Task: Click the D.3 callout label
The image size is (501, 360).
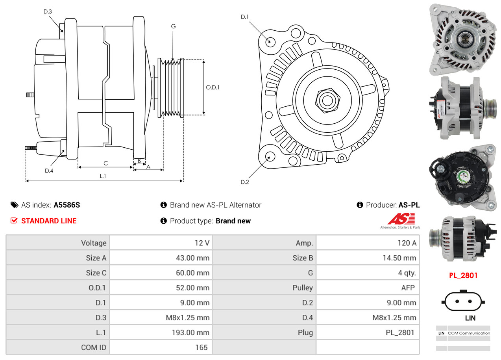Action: (48, 11)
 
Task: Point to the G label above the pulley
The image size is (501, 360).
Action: (173, 26)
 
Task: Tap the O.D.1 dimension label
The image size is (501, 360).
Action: (213, 87)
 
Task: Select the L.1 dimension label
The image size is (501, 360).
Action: (103, 176)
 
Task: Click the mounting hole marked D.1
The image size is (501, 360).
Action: (270, 41)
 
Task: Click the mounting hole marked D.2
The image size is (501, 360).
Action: (270, 156)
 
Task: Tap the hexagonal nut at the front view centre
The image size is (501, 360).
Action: (326, 100)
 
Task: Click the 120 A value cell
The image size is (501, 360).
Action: (368, 243)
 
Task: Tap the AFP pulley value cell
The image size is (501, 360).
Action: (368, 288)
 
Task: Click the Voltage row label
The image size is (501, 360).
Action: (57, 243)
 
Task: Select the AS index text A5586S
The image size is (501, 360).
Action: (67, 205)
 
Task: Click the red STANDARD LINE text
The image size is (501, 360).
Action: (49, 221)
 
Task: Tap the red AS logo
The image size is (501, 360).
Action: (401, 219)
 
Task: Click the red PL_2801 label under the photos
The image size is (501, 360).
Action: (463, 275)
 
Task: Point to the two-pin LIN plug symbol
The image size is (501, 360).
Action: (463, 301)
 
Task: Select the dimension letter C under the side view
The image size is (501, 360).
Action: (105, 163)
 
